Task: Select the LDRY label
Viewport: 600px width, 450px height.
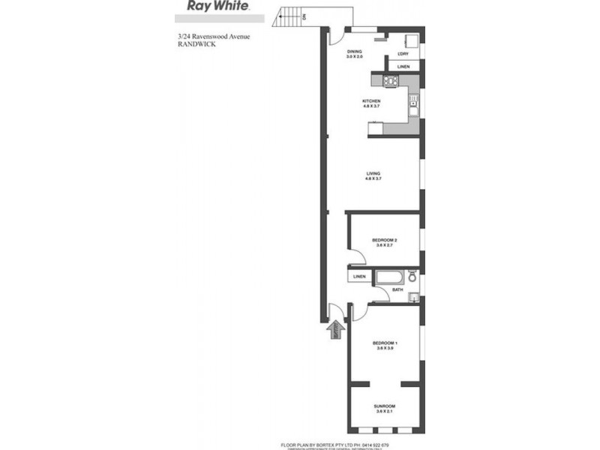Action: pyautogui.click(x=403, y=53)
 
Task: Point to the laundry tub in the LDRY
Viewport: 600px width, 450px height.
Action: pyautogui.click(x=411, y=40)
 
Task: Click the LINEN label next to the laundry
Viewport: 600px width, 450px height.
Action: pyautogui.click(x=403, y=67)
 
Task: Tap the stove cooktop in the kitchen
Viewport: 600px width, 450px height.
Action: pyautogui.click(x=391, y=80)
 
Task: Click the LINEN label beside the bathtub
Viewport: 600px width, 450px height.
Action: pyautogui.click(x=359, y=277)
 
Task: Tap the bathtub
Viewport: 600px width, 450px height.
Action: pyautogui.click(x=389, y=277)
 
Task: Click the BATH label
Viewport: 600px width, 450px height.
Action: pyautogui.click(x=397, y=289)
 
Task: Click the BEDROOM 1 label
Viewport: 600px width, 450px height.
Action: pyautogui.click(x=384, y=346)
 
